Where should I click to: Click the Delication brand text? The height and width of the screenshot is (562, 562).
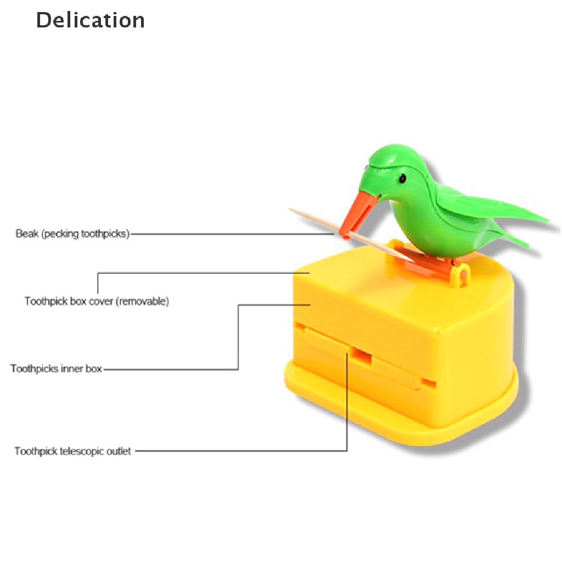tap(91, 20)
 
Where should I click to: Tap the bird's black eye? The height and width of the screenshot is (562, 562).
tap(402, 178)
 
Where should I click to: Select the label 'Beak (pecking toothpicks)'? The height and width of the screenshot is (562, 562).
tap(73, 234)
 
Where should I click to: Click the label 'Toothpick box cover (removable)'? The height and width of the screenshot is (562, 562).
tap(97, 301)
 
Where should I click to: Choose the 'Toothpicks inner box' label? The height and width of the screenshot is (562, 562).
tap(57, 369)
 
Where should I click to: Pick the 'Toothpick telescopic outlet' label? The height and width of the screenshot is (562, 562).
tap(73, 452)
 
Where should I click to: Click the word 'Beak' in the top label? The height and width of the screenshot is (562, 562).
tap(26, 234)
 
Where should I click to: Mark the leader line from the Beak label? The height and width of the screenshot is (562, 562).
tap(231, 234)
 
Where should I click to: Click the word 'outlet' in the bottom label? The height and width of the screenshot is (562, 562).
tap(119, 452)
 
